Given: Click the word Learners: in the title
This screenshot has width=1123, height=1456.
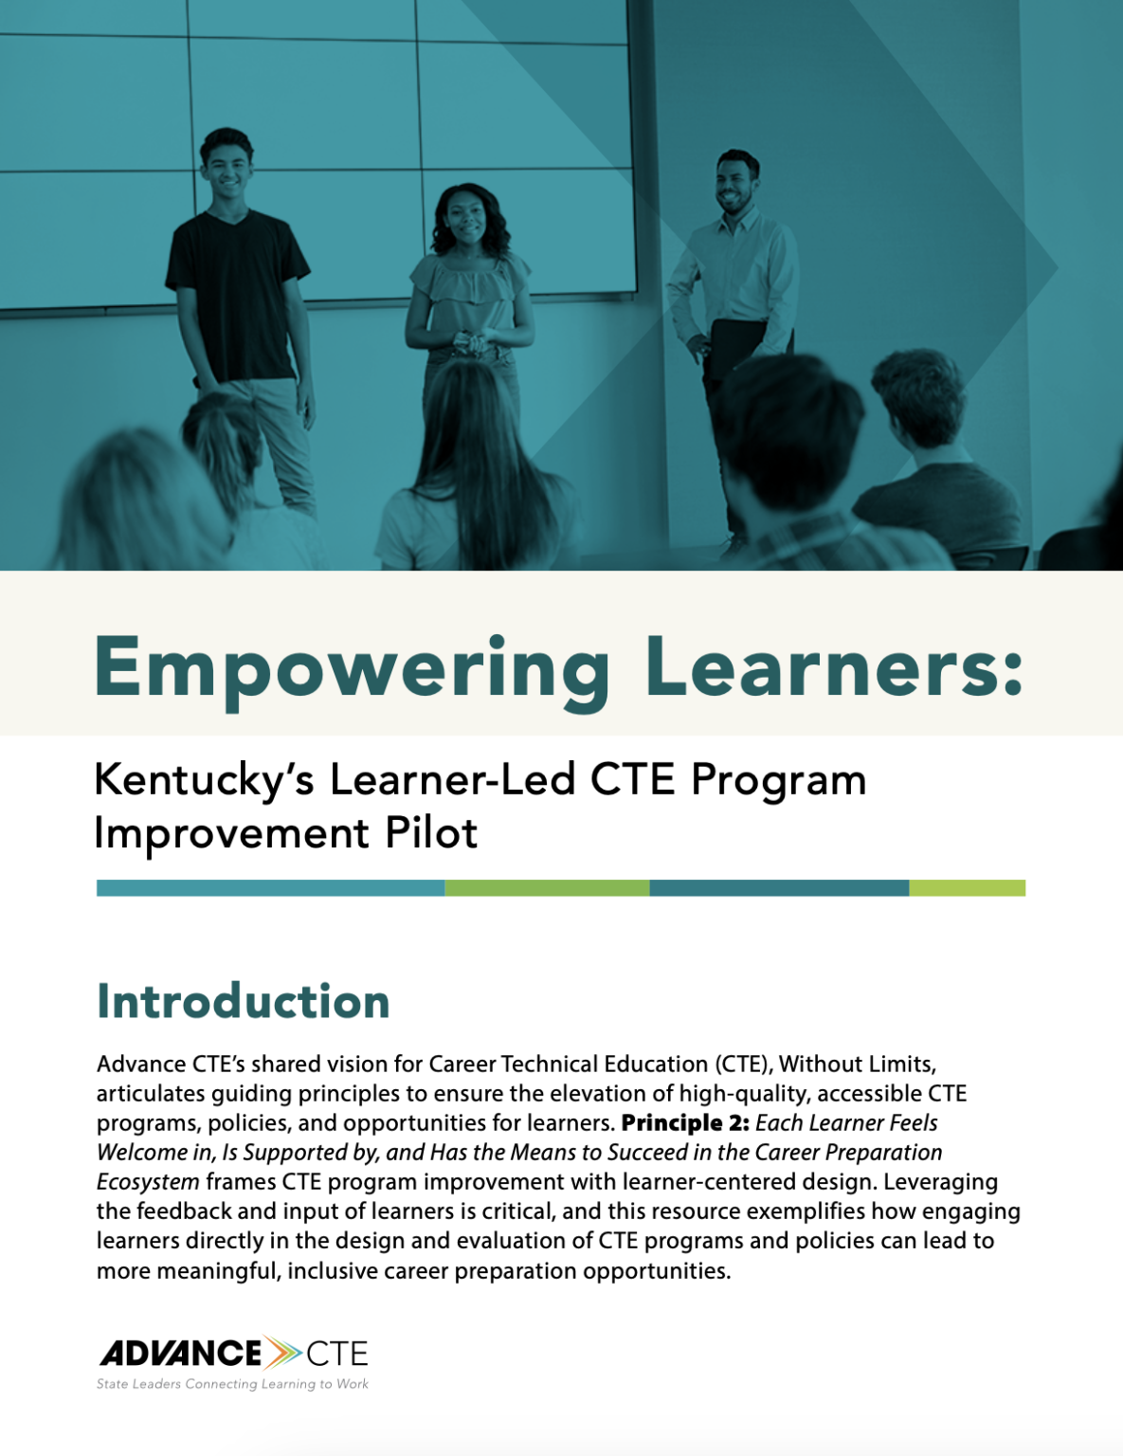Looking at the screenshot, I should pyautogui.click(x=834, y=665).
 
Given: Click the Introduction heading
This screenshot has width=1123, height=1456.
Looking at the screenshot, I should pyautogui.click(x=244, y=1002).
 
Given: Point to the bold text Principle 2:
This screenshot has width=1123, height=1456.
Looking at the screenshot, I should pyautogui.click(x=685, y=1123).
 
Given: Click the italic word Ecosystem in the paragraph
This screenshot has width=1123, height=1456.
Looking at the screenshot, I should pyautogui.click(x=148, y=1182).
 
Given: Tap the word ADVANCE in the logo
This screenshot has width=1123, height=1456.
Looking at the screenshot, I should pyautogui.click(x=181, y=1353).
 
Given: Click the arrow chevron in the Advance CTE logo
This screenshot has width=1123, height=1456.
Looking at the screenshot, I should pyautogui.click(x=282, y=1353).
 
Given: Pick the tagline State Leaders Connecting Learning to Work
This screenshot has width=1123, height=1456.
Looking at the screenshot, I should pyautogui.click(x=232, y=1384).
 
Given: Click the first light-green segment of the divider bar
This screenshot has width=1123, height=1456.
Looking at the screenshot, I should pyautogui.click(x=547, y=888).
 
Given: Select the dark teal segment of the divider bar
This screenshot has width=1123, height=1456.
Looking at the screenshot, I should pyautogui.click(x=779, y=888).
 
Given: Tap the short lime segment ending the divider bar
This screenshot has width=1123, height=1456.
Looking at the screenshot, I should pyautogui.click(x=967, y=888).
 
